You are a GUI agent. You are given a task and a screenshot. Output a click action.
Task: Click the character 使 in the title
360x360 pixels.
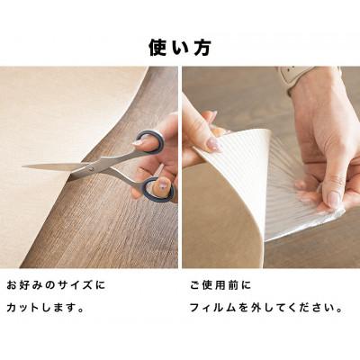157,46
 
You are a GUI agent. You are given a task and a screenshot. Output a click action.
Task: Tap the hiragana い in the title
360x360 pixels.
180,46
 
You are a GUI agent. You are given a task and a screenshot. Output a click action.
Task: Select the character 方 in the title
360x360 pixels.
203,46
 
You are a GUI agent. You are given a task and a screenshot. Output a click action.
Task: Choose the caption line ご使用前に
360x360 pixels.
220,285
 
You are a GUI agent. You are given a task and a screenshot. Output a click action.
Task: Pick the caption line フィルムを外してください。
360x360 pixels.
265,307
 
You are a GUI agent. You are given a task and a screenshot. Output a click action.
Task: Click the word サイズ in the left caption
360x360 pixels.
78,285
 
